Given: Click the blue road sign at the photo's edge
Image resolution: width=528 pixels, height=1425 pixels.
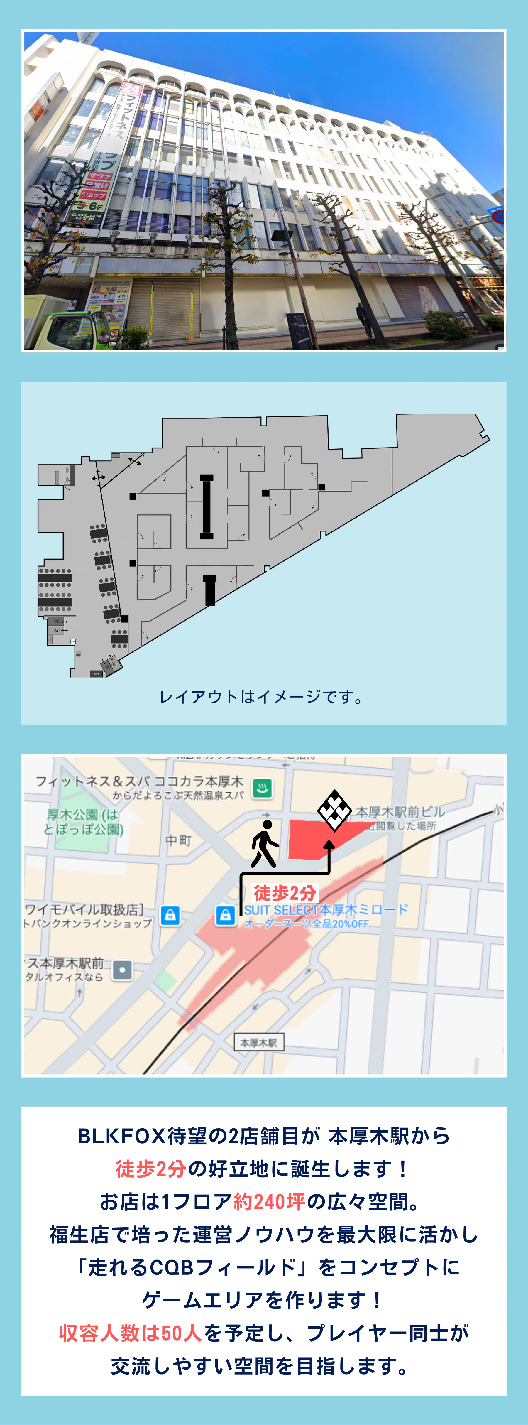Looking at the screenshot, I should click(x=497, y=216).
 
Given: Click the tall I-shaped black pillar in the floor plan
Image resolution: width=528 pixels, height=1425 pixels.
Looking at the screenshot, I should click(x=206, y=506).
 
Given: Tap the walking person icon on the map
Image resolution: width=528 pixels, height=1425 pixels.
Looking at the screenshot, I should click(x=264, y=844).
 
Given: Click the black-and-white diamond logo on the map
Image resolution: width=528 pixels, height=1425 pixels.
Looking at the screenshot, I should click(x=334, y=811).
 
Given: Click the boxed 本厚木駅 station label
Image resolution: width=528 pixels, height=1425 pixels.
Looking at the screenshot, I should click(x=258, y=1043).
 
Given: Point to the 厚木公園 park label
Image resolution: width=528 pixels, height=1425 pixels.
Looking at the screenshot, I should click(x=83, y=821).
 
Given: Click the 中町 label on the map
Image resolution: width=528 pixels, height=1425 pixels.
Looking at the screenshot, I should click(x=178, y=840).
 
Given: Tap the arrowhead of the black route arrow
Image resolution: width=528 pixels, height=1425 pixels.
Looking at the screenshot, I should click(x=329, y=845).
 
